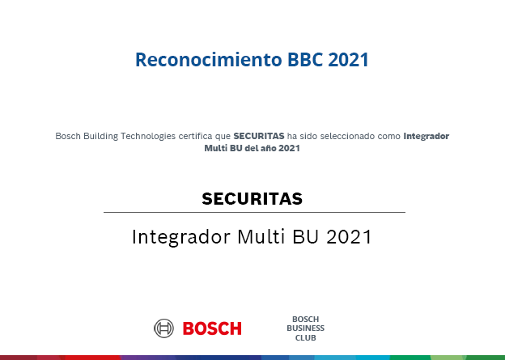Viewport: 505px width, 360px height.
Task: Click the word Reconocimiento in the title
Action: coord(209,60)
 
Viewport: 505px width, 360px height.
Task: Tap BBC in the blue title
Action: coord(305,60)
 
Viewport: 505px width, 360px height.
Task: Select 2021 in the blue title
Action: coord(349,60)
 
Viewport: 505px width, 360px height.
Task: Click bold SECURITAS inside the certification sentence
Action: coord(259,136)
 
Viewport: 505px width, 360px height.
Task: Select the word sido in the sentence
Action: coord(308,136)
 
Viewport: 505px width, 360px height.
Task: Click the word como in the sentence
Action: coord(389,137)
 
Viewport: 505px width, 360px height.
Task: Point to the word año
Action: coord(269,148)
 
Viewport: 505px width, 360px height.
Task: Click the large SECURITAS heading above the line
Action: coord(252,199)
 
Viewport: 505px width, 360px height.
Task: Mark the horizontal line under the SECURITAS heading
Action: coord(254,213)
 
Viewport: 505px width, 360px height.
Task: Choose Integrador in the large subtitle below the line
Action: coord(181,237)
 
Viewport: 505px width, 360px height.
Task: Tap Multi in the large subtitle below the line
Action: coord(261,237)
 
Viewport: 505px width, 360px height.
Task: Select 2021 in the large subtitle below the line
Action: coord(349,237)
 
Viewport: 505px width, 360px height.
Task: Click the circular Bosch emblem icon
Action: coord(164,328)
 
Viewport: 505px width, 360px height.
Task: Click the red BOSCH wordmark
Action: coord(212,328)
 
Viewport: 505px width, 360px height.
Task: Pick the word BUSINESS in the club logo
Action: coord(306,328)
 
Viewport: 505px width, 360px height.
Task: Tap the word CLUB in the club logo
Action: coord(306,338)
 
